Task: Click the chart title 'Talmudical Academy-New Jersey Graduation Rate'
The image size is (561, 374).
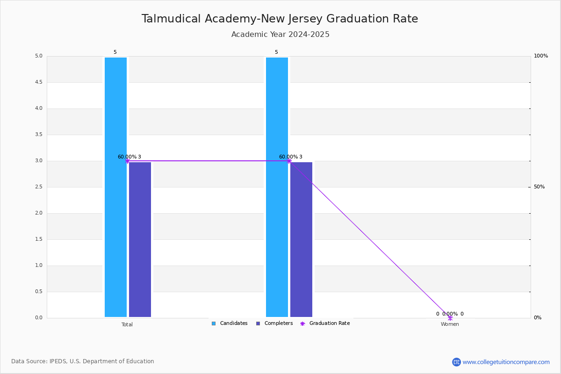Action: click(x=280, y=19)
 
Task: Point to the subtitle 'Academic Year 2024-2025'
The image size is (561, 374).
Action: click(x=280, y=34)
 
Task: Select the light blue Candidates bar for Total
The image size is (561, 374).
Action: click(x=116, y=187)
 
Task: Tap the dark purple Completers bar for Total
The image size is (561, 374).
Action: click(x=140, y=239)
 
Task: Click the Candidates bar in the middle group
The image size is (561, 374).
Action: click(x=277, y=187)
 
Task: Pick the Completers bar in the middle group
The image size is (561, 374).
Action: click(x=301, y=239)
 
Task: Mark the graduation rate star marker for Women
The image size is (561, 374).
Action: click(x=450, y=318)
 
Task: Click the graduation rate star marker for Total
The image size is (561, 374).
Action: click(x=128, y=161)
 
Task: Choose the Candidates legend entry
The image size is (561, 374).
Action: click(x=230, y=324)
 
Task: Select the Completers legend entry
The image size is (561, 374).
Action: click(x=274, y=324)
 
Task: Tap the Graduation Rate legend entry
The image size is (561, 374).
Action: click(x=325, y=324)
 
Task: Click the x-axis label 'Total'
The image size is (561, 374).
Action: click(x=127, y=324)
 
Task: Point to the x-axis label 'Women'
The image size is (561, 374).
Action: click(x=450, y=324)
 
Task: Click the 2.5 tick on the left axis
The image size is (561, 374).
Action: click(x=39, y=187)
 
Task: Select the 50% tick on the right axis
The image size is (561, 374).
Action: click(x=539, y=187)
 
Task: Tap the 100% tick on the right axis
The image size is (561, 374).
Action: click(x=541, y=56)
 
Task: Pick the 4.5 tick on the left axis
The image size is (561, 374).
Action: click(x=39, y=82)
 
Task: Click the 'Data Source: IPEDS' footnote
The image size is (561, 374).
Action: click(x=83, y=361)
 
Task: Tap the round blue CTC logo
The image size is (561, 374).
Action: click(x=456, y=362)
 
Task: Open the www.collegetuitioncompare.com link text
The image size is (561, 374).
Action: click(x=506, y=362)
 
